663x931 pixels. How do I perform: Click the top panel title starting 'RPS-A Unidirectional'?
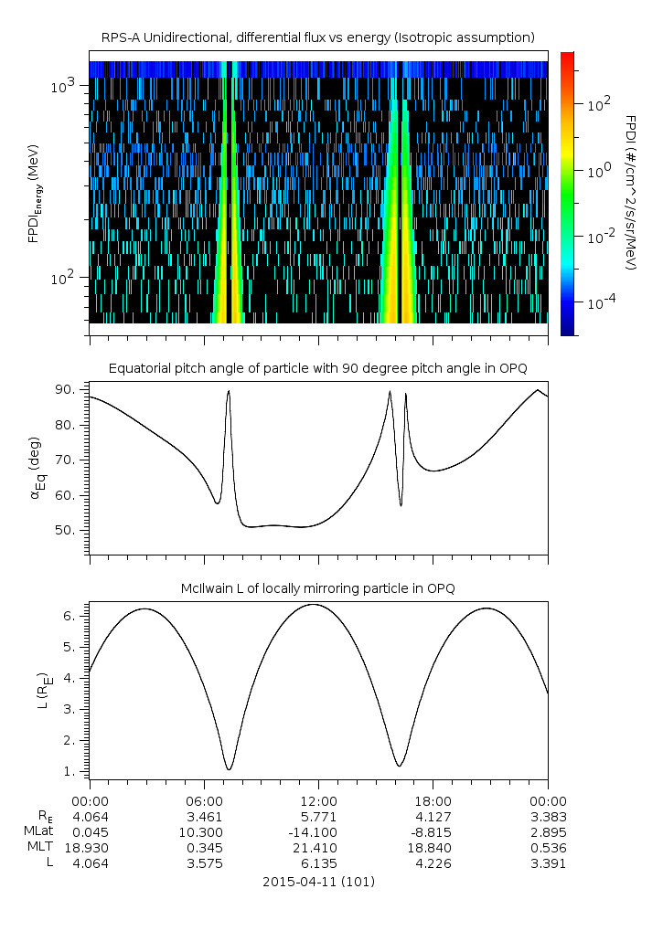click(x=318, y=37)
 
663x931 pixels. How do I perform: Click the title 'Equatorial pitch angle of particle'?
click(x=318, y=368)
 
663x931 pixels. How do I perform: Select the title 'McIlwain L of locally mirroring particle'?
click(x=318, y=587)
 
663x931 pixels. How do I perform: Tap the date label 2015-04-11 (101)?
click(x=318, y=882)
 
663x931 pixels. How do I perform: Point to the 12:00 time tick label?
click(x=318, y=799)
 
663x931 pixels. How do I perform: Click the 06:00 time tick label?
click(x=204, y=799)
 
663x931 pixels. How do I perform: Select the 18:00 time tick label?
click(x=433, y=799)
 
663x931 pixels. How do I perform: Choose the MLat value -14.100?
click(x=318, y=831)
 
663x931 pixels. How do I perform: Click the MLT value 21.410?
click(x=318, y=848)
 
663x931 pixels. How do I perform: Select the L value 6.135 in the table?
click(x=318, y=864)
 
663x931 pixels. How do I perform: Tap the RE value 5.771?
click(x=318, y=815)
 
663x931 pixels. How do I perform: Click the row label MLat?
click(x=37, y=831)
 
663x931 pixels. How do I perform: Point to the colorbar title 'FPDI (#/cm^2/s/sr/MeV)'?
click(x=630, y=192)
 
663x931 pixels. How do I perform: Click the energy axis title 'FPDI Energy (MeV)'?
click(x=34, y=192)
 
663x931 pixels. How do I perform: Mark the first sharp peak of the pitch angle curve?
click(x=229, y=391)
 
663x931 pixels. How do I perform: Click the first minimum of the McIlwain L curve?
click(x=229, y=769)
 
